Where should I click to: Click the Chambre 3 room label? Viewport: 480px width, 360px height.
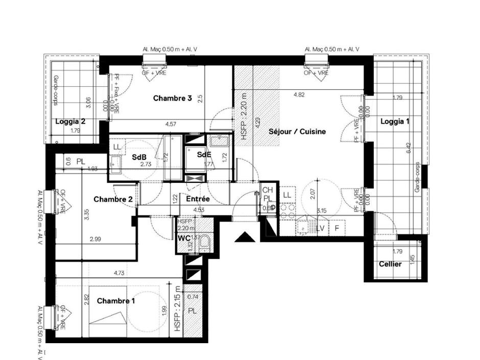[x=172, y=98]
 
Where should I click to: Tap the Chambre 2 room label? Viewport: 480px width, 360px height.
[x=113, y=199]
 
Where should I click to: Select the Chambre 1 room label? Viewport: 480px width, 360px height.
[x=116, y=301]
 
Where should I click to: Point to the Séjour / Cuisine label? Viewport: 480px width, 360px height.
[x=297, y=131]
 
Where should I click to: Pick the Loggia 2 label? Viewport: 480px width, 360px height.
[x=70, y=122]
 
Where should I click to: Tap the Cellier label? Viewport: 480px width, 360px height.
[x=390, y=264]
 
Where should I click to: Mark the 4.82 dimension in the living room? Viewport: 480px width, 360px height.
[x=300, y=94]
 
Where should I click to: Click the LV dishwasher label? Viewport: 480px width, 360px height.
[x=320, y=228]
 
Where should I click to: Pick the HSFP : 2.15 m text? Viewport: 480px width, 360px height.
[x=177, y=308]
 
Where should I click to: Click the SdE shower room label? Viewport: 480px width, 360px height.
[x=204, y=154]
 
